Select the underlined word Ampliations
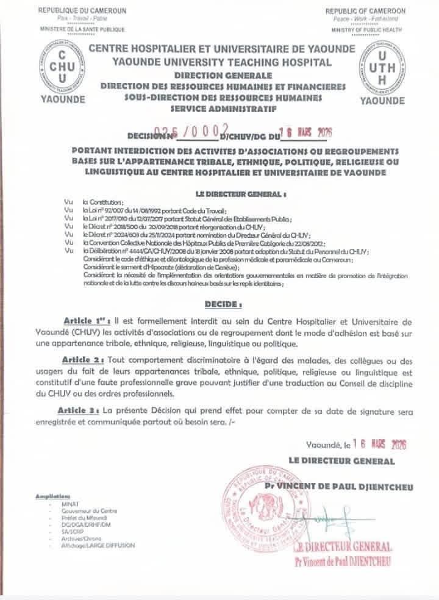tap(54, 496)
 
